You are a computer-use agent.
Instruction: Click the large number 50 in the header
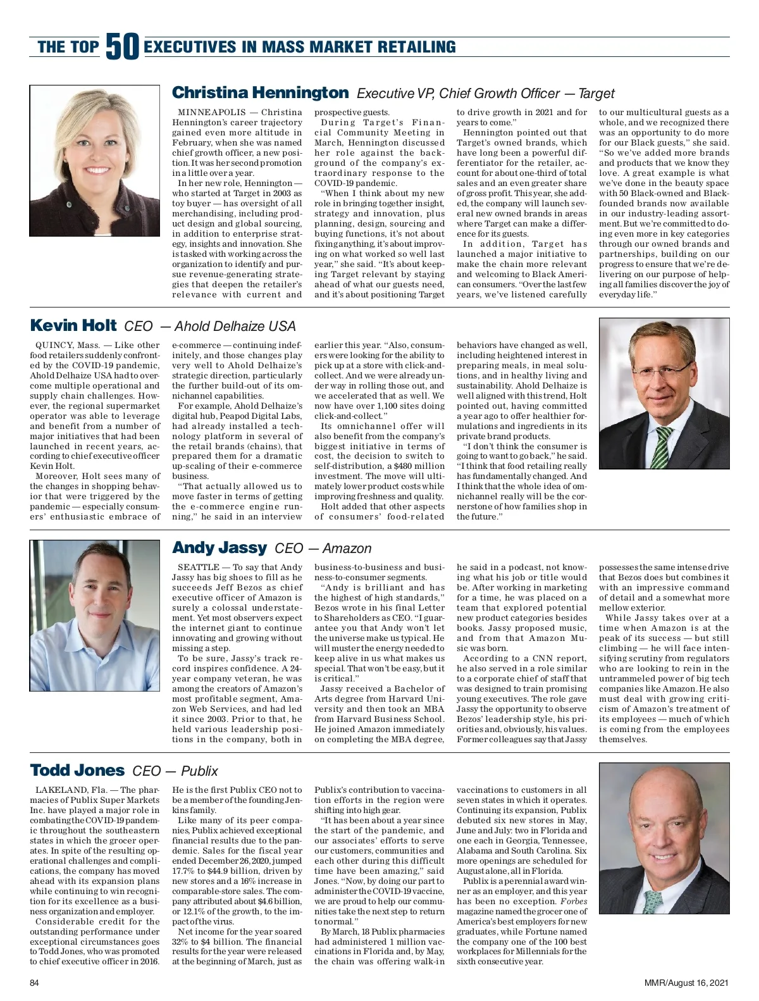pos(122,47)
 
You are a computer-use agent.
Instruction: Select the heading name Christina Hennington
pos(260,93)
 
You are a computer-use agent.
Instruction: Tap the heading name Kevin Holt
pos(73,326)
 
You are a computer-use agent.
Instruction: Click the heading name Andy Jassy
pos(219,548)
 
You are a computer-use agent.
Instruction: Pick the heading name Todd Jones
pos(77,771)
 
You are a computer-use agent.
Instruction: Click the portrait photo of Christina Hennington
pos(95,151)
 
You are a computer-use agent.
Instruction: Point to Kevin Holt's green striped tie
pos(663,447)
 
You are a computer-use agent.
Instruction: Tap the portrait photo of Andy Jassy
pos(95,615)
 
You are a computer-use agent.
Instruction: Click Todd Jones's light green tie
pos(653,901)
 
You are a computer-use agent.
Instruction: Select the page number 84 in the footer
pos(35,983)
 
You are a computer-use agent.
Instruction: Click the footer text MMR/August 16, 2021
pos(686,983)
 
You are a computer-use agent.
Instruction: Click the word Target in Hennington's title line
pos(596,94)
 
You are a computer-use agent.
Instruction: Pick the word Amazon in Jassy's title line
pos(347,549)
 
